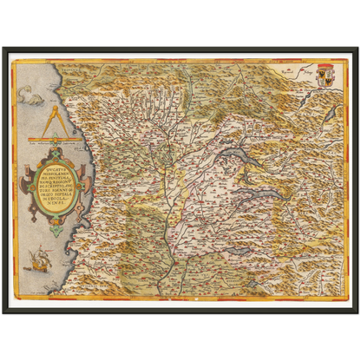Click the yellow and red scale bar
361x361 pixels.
click(51, 139)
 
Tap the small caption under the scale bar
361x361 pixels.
click(51, 143)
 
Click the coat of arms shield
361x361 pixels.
click(322, 71)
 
